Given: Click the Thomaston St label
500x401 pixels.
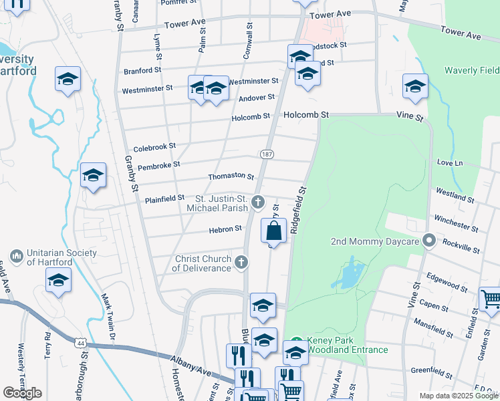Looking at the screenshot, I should [x=231, y=177].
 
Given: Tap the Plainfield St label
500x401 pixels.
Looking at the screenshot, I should [x=164, y=198].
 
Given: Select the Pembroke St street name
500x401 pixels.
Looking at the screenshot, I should [x=158, y=164].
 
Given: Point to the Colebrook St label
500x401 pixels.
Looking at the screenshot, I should [x=154, y=146].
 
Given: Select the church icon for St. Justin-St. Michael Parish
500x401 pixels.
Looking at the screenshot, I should [x=258, y=201].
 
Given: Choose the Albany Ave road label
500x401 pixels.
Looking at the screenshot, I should [x=191, y=369].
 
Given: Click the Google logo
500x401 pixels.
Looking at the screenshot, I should [x=22, y=393].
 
